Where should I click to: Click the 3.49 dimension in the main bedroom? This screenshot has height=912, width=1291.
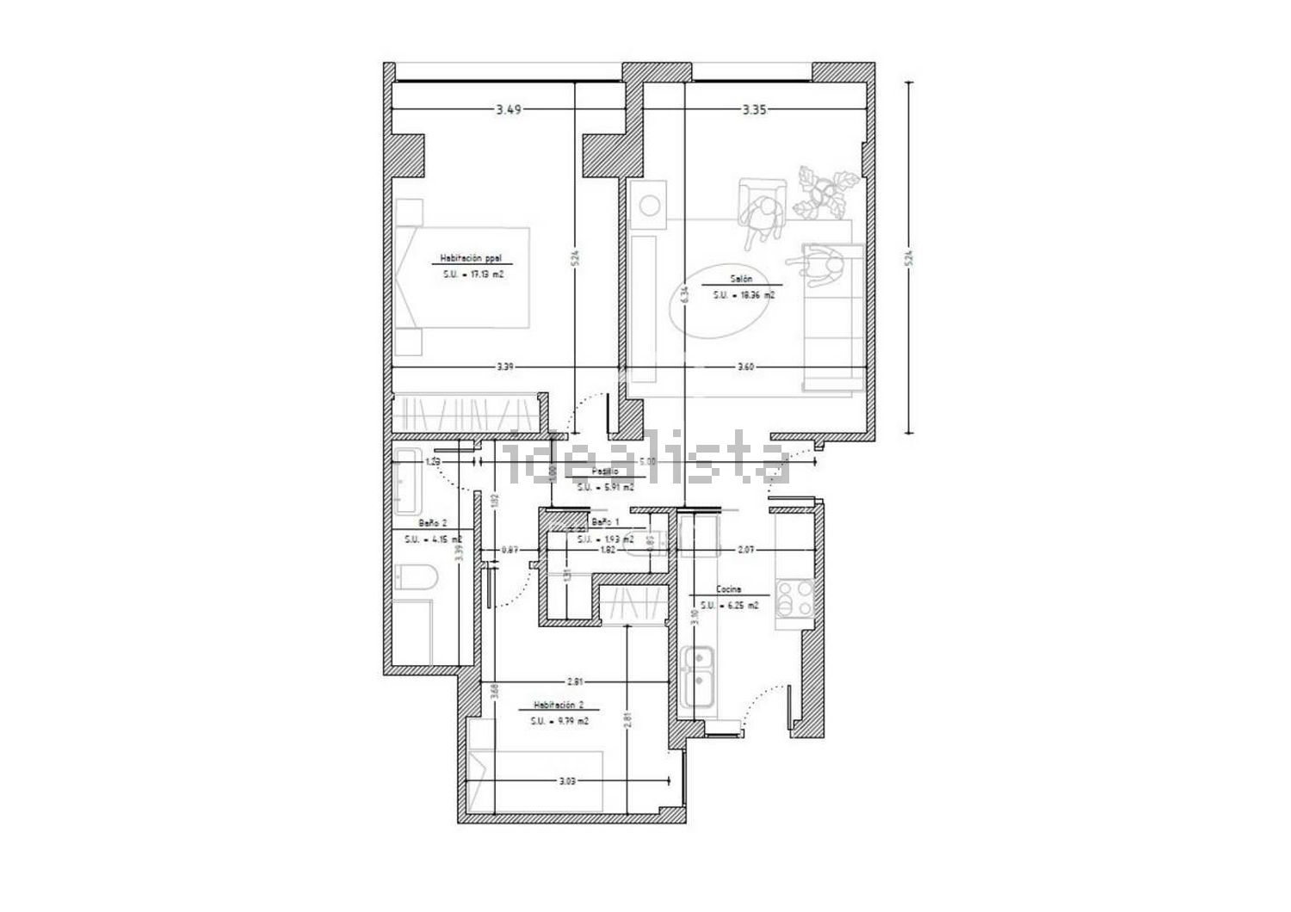click(509, 109)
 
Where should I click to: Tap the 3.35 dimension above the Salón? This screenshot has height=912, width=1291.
click(754, 109)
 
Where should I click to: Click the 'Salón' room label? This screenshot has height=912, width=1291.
click(742, 279)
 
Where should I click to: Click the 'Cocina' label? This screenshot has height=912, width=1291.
click(730, 591)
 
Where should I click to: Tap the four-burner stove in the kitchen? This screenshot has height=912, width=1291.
click(794, 599)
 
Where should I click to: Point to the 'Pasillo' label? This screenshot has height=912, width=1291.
click(605, 472)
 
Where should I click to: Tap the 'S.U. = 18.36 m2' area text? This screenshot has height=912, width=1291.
click(743, 295)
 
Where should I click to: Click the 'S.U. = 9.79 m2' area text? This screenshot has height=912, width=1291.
click(559, 721)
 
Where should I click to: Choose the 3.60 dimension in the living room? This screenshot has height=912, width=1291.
click(745, 367)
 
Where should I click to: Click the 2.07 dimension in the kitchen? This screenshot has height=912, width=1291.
click(746, 549)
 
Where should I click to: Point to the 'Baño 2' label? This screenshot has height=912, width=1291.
click(432, 523)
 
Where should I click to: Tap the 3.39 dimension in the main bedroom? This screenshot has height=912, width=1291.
click(505, 367)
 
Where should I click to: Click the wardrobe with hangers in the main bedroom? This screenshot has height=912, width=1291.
click(465, 412)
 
